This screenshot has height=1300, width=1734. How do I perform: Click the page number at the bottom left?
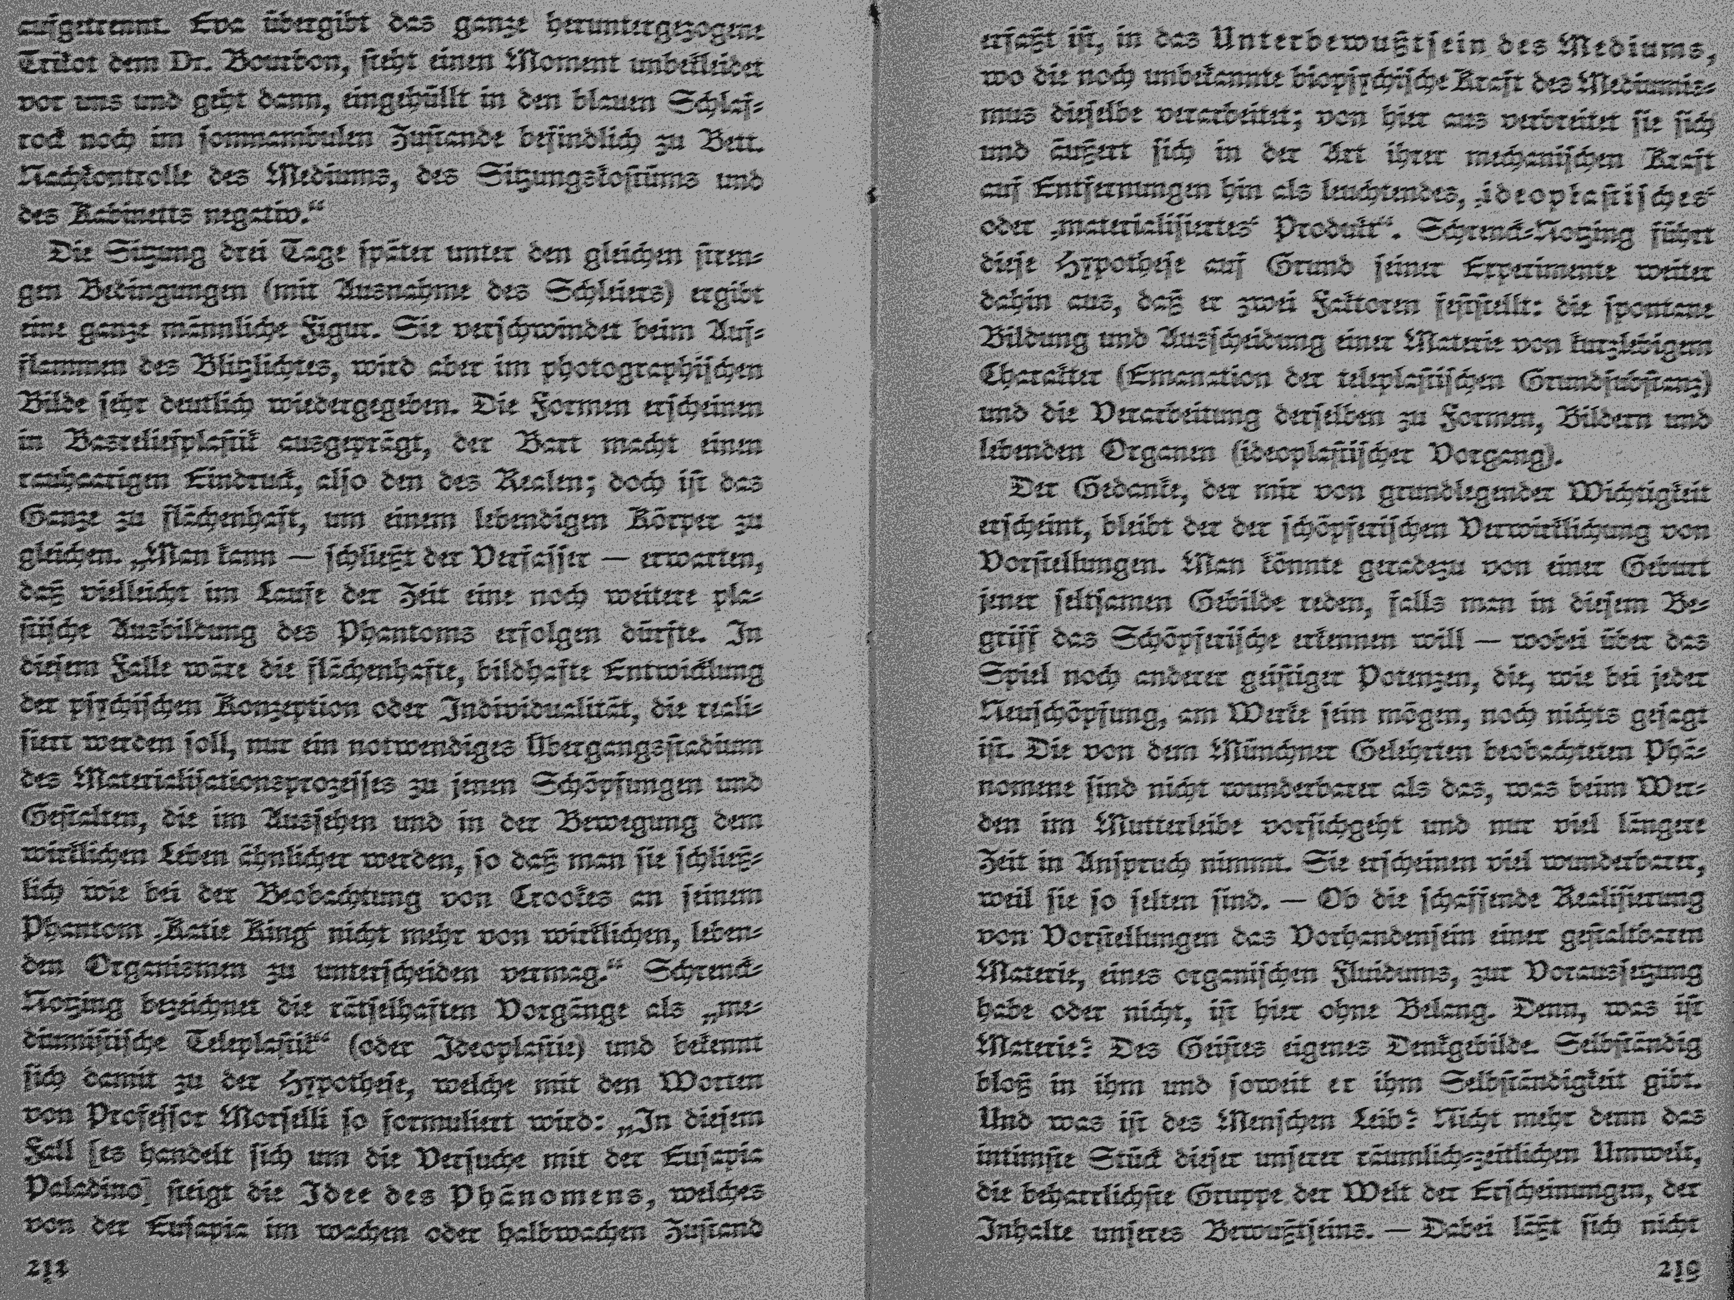[47, 1269]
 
